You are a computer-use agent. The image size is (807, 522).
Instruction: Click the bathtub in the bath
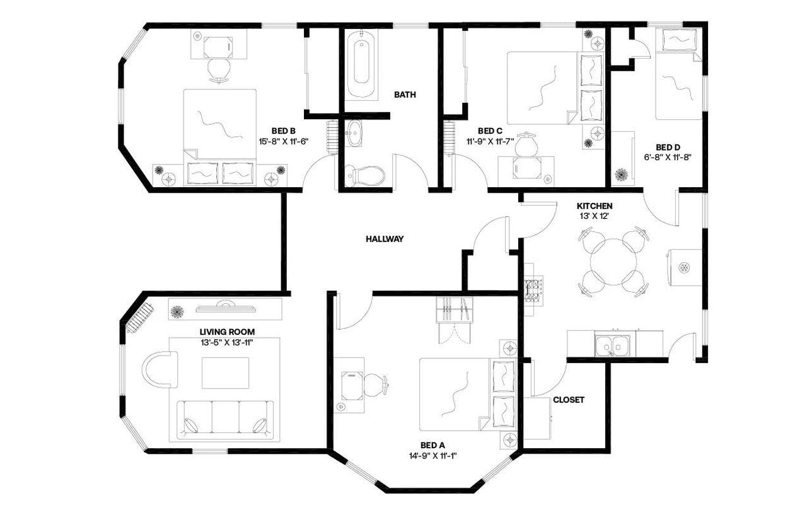[x=361, y=67]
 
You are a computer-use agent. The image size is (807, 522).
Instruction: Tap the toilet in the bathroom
[x=365, y=175]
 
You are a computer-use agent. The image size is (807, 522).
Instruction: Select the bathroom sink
[x=355, y=133]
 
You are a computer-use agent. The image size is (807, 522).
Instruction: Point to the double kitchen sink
[x=610, y=345]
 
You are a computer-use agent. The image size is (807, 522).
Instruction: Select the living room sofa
[x=226, y=419]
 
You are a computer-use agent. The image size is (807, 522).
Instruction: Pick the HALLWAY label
[x=385, y=239]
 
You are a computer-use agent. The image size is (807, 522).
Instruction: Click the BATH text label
[x=405, y=95]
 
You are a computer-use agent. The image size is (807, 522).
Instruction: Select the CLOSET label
[x=568, y=400]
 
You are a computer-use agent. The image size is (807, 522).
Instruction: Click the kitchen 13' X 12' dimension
[x=595, y=216]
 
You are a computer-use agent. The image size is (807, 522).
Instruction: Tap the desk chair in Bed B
[x=219, y=69]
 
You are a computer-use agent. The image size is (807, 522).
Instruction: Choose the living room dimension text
[x=227, y=342]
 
